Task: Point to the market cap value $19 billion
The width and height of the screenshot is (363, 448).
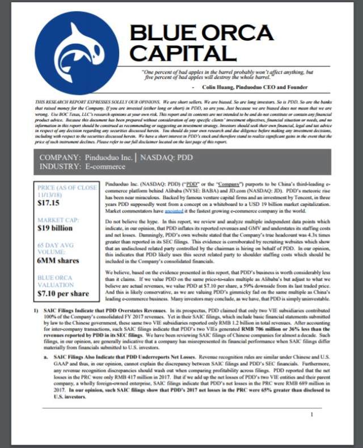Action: click(55, 227)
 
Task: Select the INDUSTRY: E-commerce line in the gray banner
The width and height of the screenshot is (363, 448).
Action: click(83, 166)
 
